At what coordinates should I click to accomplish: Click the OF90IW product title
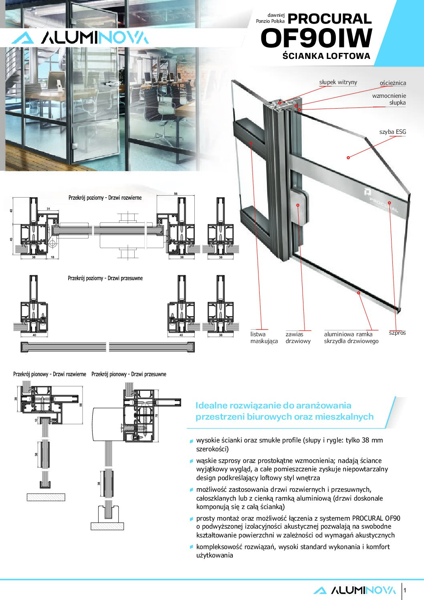(317, 38)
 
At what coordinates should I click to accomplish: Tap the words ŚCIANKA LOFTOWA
(326, 56)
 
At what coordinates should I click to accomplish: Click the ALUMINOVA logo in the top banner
(80, 38)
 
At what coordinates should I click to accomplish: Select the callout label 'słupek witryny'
(338, 82)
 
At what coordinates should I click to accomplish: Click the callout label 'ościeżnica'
(392, 83)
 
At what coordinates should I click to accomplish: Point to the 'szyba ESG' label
(392, 132)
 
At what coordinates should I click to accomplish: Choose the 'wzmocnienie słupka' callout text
(389, 99)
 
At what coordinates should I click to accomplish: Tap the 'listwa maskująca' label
(264, 337)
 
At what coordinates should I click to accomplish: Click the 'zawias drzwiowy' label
(298, 337)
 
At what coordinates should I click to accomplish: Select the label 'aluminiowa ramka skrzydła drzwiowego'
(351, 337)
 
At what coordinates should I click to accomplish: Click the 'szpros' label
(397, 333)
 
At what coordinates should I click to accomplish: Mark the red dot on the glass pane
(348, 158)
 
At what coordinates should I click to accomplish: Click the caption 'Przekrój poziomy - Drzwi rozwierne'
(105, 198)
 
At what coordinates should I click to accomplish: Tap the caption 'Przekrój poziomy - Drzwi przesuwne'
(105, 278)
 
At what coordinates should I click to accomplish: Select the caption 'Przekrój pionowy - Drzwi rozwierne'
(50, 374)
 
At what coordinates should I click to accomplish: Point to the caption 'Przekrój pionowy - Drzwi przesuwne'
(129, 374)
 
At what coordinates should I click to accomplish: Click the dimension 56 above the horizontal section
(176, 194)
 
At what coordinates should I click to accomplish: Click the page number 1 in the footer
(405, 590)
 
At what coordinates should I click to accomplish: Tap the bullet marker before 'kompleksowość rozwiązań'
(192, 547)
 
